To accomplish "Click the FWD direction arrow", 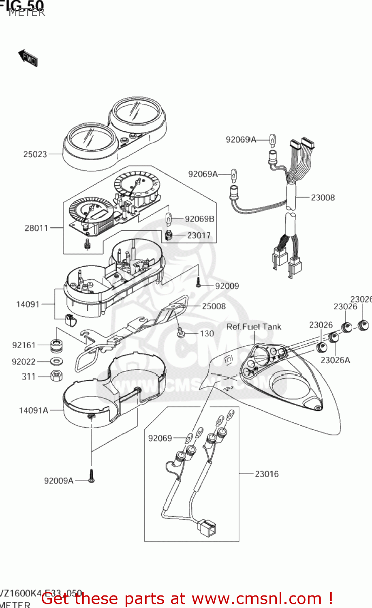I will click(28, 58).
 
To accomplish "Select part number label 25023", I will click(35, 154).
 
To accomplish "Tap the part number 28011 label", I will click(36, 228).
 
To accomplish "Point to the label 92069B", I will click(199, 219).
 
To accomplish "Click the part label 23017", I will click(199, 235).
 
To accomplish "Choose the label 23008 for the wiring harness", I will click(323, 197).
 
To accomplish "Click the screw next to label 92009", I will click(199, 283).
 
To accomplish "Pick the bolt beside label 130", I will click(181, 333).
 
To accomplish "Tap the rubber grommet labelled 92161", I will click(56, 345).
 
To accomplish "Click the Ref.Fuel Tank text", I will click(254, 327).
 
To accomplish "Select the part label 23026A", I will click(335, 360).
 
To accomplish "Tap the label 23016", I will click(267, 473).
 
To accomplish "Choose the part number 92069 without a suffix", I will click(160, 438).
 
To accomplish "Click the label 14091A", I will click(34, 410).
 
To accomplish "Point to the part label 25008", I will click(214, 306).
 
